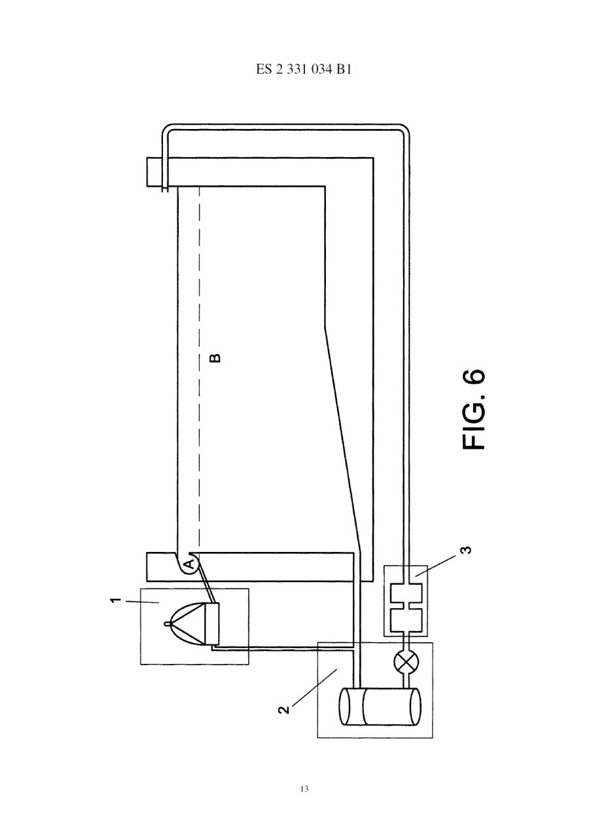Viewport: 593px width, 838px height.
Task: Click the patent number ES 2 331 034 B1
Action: tap(303, 70)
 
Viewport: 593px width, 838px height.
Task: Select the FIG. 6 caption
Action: tap(474, 410)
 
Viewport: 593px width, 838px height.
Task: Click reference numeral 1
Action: tap(117, 601)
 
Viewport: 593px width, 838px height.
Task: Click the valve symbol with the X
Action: tap(406, 661)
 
